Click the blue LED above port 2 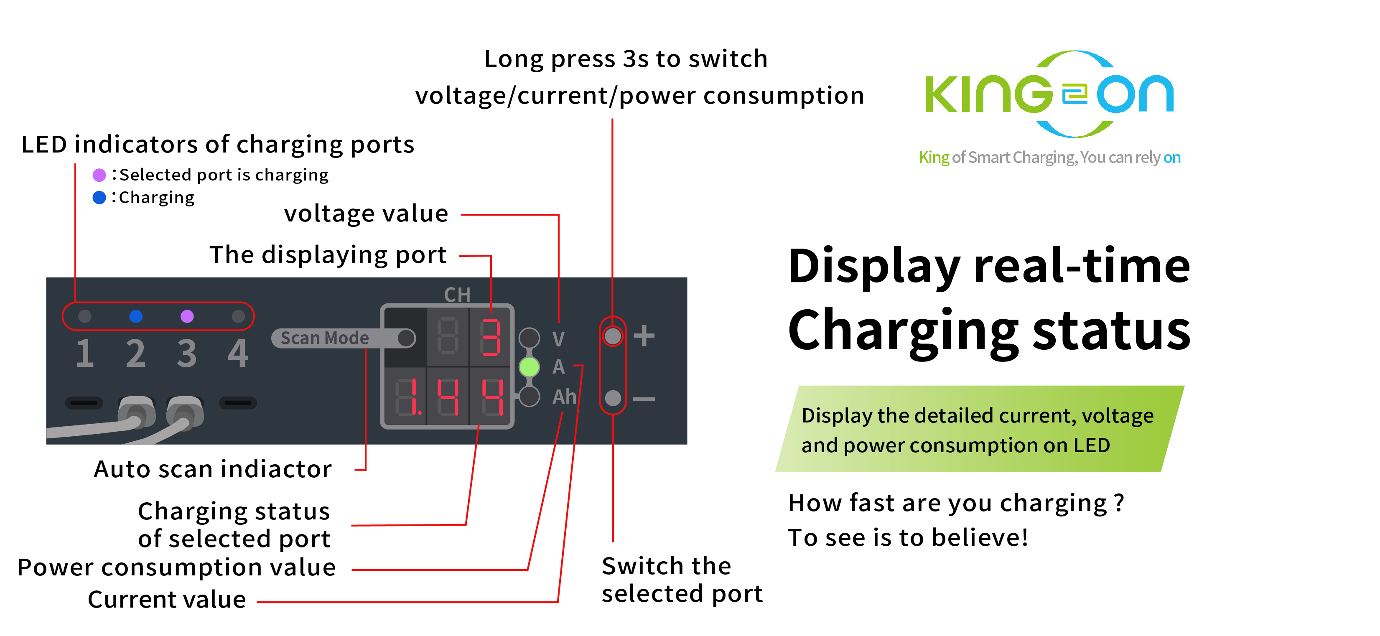pos(136,316)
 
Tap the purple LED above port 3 pos(187,316)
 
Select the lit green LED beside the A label pos(529,367)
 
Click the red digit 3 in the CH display pos(490,337)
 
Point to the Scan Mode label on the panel pos(325,338)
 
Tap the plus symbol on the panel pos(644,336)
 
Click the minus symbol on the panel pos(644,399)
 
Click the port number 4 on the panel pos(238,354)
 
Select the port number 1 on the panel pos(85,354)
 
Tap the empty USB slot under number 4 pos(238,402)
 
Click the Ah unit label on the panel pos(564,397)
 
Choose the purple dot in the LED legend pos(99,175)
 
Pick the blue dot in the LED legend pos(99,198)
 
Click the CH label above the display pos(457,295)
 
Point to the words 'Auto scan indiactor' pos(213,469)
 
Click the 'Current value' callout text pos(167,600)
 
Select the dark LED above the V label pos(529,338)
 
